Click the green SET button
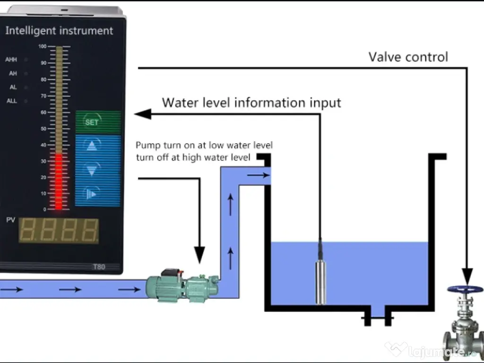pos(92,122)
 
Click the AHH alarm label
pos(11,60)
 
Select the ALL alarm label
pos(11,101)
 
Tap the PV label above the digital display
pos(10,220)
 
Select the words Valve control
pos(408,57)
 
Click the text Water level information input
pos(251,103)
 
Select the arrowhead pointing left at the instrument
pos(142,114)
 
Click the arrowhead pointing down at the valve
pos(467,276)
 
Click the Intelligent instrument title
pos(59,31)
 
